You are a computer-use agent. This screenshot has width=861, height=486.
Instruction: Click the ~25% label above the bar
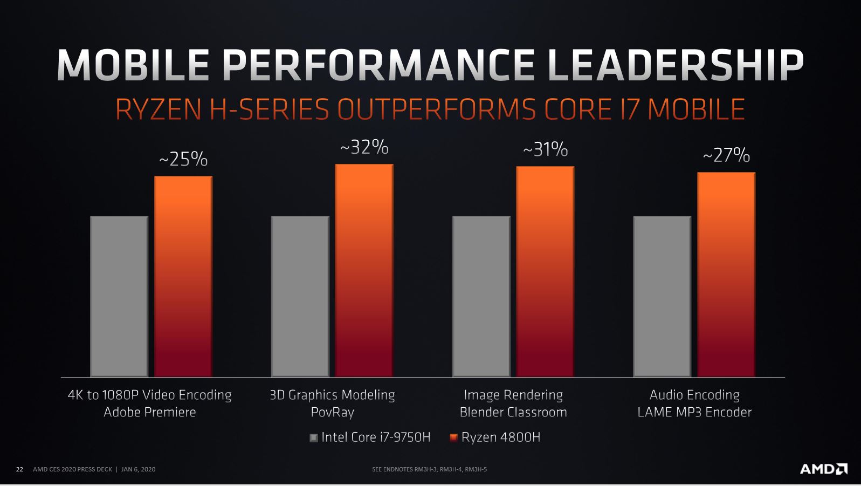[x=183, y=159]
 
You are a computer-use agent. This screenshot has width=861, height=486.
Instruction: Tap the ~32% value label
[x=364, y=147]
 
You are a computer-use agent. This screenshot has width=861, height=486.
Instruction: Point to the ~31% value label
[x=546, y=149]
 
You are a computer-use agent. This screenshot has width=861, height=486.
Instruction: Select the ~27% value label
[x=726, y=155]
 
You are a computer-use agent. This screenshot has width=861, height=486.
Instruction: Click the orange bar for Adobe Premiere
[x=183, y=276]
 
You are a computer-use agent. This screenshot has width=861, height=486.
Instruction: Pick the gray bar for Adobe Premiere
[x=119, y=296]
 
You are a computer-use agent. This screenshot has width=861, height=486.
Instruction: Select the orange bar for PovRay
[x=364, y=270]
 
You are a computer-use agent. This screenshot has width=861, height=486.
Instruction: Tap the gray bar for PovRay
[x=300, y=296]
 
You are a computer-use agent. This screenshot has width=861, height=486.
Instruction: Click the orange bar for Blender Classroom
[x=545, y=271]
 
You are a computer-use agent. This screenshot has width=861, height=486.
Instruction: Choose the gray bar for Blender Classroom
[x=481, y=296]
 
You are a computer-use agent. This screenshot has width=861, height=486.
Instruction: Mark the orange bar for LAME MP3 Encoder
[x=726, y=275]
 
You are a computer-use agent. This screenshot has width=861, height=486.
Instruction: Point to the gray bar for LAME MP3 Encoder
[x=662, y=296]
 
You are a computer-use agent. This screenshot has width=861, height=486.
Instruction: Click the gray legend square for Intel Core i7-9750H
[x=314, y=438]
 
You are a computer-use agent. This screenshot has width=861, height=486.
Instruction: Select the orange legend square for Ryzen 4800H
[x=453, y=437]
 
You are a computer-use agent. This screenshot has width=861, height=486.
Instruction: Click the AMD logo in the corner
[x=823, y=469]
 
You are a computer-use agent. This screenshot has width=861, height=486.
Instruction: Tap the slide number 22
[x=19, y=469]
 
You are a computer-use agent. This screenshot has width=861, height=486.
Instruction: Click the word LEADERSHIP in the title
[x=675, y=66]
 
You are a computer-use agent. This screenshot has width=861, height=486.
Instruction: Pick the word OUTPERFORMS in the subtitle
[x=436, y=109]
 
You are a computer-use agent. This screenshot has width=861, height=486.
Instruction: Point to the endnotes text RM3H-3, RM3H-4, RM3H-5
[x=450, y=469]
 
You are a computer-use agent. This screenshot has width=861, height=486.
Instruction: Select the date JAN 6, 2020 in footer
[x=139, y=469]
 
